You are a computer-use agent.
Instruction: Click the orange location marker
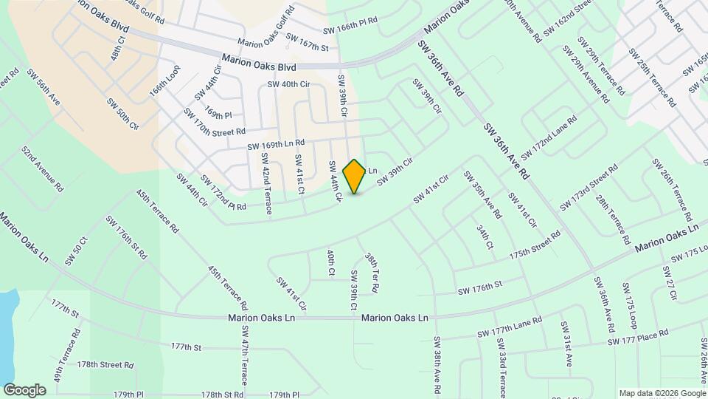click(355, 177)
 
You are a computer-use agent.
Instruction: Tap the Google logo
click(24, 390)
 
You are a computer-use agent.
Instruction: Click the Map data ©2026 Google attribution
click(662, 393)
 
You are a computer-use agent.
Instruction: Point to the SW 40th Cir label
click(288, 84)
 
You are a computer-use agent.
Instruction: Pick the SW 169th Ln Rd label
click(276, 144)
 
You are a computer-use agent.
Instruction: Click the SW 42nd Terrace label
click(266, 191)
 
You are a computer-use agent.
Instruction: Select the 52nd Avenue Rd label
click(41, 168)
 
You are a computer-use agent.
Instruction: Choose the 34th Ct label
click(484, 237)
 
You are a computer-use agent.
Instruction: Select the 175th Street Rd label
click(535, 245)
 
